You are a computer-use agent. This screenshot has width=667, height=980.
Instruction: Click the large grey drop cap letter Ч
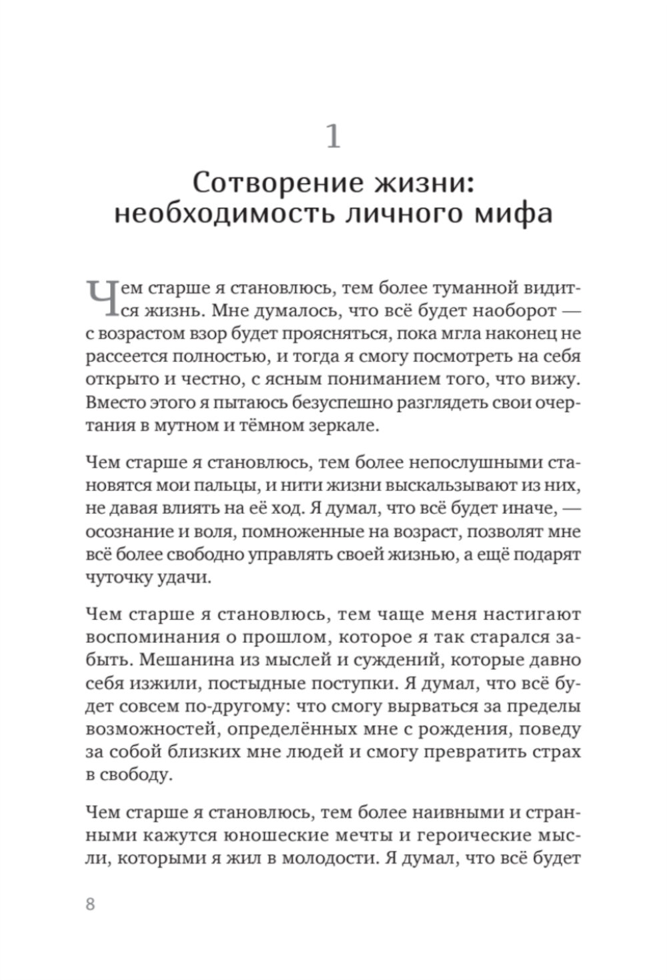point(99,297)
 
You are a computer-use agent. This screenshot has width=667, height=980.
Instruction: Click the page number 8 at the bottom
point(91,905)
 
